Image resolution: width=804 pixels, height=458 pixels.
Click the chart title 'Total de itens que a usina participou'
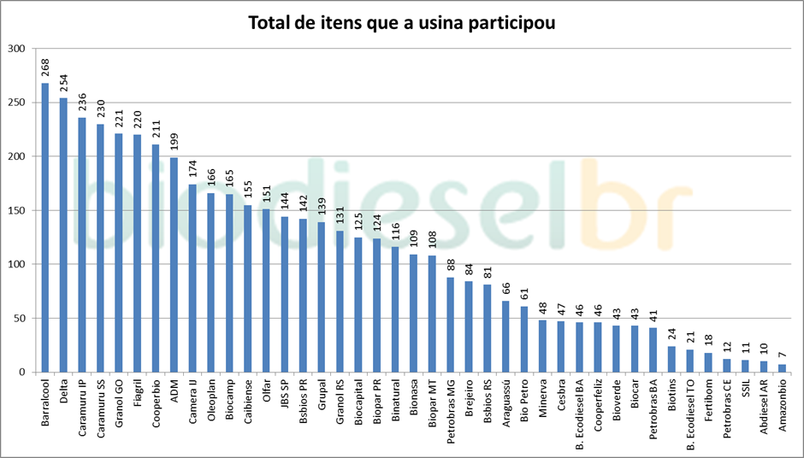coord(401,23)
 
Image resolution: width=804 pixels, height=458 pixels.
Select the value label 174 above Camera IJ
coord(193,167)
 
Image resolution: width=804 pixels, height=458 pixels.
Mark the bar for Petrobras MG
coord(451,325)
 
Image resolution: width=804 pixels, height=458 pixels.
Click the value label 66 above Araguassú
coord(506,288)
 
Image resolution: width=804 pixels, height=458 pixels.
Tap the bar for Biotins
coord(671,359)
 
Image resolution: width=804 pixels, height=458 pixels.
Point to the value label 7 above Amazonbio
coord(782,355)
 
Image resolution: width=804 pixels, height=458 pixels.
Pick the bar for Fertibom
coord(708,362)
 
